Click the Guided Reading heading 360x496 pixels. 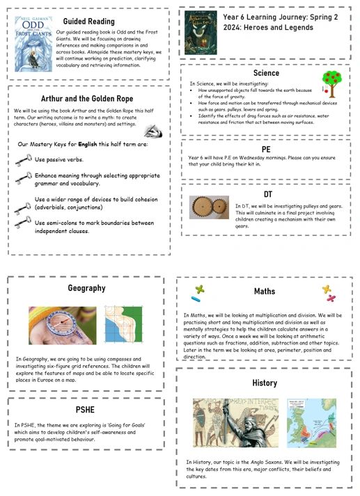89,22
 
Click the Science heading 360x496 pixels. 266,73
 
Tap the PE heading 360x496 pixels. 266,149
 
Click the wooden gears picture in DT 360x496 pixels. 208,207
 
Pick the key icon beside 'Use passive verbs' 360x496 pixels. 22,160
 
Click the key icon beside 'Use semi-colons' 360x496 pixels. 22,223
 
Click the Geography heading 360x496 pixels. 86,288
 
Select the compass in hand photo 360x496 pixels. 62,326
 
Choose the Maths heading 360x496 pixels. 265,291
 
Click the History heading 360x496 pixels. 265,383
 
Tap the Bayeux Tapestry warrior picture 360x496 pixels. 235,423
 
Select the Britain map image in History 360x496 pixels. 311,423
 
